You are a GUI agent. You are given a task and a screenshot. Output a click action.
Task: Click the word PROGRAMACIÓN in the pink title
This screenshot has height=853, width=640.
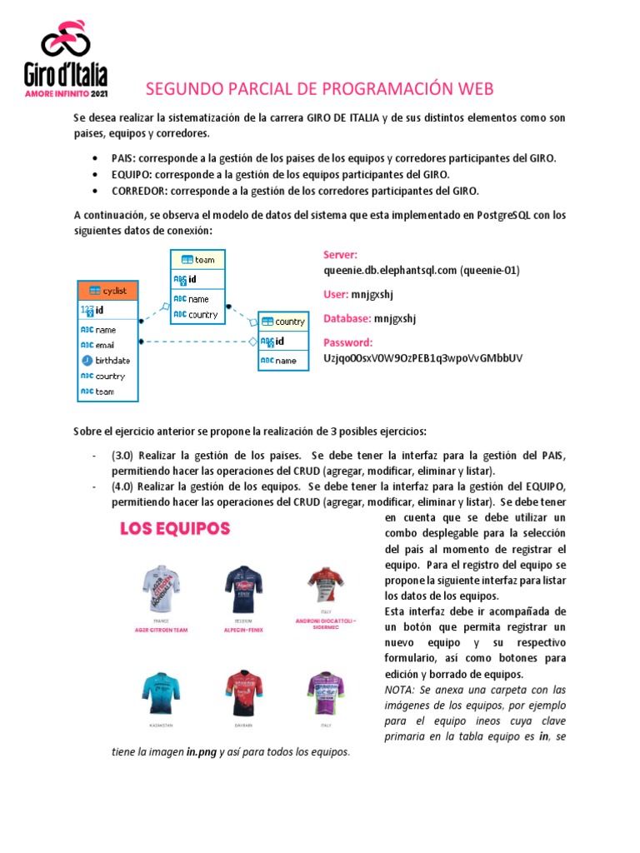(375, 88)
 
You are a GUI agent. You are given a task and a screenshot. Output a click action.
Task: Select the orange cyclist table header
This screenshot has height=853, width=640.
(107, 290)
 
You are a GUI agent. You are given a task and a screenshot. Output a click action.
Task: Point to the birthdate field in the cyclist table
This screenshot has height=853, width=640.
(112, 361)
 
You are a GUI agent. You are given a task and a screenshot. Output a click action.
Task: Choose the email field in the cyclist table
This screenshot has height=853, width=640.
(104, 345)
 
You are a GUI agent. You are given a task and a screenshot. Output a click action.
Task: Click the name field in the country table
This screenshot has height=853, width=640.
(286, 361)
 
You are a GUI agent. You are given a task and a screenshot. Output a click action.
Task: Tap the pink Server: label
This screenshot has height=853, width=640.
(340, 255)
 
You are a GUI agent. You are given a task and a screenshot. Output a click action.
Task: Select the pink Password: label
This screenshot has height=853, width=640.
(347, 342)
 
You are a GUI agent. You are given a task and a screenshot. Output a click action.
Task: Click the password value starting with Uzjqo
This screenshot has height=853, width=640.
(422, 357)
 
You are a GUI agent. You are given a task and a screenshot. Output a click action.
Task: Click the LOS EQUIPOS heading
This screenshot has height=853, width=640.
(175, 528)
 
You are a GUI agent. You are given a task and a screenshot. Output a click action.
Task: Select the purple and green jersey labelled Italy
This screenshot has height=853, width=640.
(327, 695)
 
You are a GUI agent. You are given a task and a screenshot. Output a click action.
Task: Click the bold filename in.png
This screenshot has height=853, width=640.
(202, 751)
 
